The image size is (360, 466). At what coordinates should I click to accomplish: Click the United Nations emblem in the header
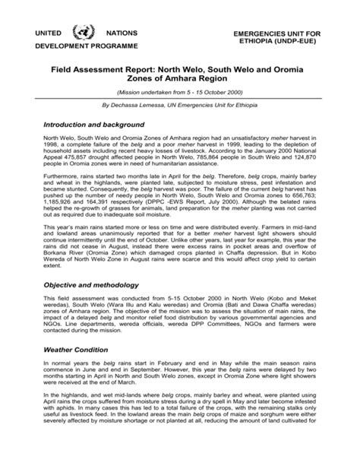(x=79, y=36)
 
